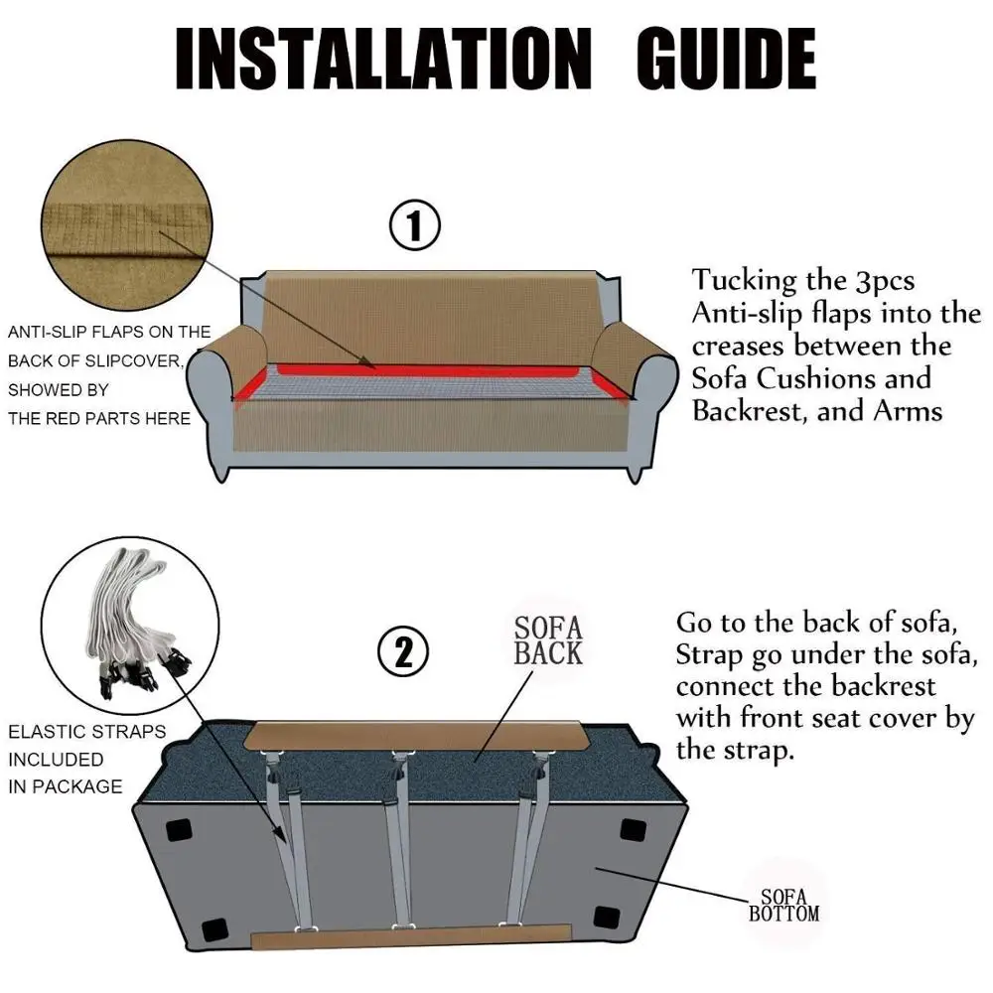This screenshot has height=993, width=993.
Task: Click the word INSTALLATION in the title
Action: click(383, 59)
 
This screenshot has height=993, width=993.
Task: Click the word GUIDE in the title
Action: click(727, 59)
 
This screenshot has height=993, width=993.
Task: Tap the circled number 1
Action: click(414, 224)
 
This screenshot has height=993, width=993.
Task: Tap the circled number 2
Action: click(403, 652)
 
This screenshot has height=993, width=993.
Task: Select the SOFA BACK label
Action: click(548, 640)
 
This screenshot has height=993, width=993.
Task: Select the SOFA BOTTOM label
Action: click(784, 906)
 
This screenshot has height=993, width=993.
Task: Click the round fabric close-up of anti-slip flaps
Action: click(127, 224)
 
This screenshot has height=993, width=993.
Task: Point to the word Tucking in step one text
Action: click(744, 281)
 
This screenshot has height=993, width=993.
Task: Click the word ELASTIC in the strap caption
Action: click(41, 732)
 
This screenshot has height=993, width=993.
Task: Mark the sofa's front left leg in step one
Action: click(220, 473)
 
